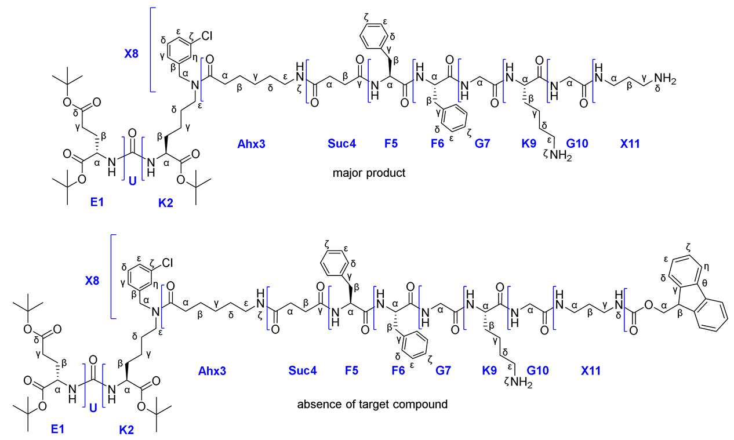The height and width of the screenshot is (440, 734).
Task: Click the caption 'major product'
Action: (x=369, y=173)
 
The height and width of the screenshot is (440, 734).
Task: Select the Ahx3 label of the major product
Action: (x=251, y=143)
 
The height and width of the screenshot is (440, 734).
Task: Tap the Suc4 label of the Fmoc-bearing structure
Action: (x=303, y=370)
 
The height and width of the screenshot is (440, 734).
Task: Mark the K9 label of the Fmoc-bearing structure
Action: (x=490, y=370)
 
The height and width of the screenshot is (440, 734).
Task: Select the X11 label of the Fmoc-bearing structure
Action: (x=591, y=370)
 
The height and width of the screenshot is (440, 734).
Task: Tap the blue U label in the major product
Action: (x=132, y=181)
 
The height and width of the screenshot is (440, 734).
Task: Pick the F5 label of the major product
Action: (x=391, y=143)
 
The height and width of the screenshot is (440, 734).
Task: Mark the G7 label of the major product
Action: (x=482, y=143)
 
